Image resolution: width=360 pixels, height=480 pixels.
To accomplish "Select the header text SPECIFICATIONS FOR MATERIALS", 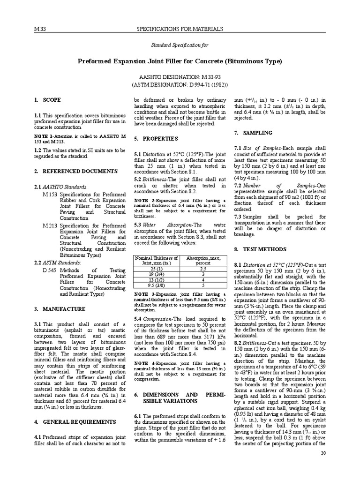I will pyautogui.click(x=180, y=29).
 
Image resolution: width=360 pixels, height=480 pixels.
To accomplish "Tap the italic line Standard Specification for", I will pyautogui.click(x=179, y=45).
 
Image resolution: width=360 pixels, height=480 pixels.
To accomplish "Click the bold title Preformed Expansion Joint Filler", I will pyautogui.click(x=180, y=61).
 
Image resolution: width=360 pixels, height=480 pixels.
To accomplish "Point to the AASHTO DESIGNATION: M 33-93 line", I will pyautogui.click(x=180, y=76).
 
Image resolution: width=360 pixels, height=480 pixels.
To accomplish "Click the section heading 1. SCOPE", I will pyautogui.click(x=47, y=100).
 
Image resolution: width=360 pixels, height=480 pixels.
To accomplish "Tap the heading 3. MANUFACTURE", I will pyautogui.click(x=60, y=309).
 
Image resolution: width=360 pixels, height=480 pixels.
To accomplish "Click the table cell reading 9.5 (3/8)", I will pyautogui.click(x=156, y=284).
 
